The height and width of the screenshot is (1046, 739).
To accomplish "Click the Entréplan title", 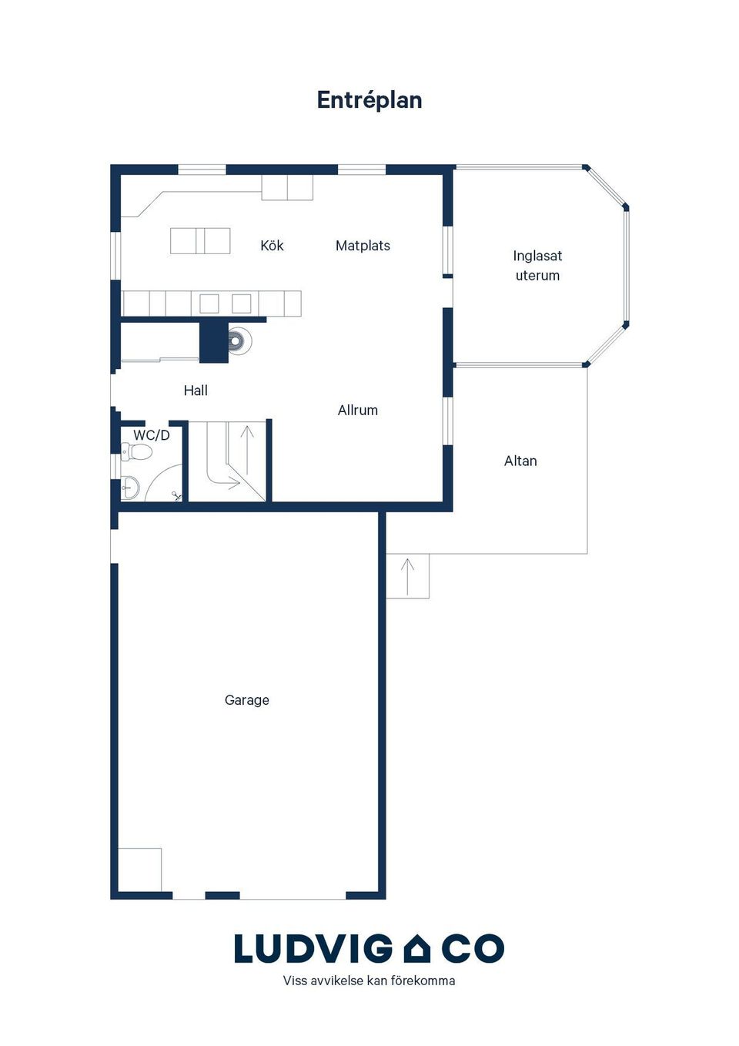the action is (369, 100).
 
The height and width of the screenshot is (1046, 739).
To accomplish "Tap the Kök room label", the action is (272, 246).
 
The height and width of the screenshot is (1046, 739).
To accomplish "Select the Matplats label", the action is (363, 246).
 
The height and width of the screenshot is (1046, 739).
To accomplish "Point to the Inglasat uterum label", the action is (537, 266).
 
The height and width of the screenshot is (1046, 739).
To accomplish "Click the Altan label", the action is (520, 461).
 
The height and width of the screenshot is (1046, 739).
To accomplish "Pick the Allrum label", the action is (358, 411).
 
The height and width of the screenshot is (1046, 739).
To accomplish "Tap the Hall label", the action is (196, 391).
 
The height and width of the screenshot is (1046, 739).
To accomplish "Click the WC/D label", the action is (152, 435).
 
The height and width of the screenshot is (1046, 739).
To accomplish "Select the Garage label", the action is (247, 713).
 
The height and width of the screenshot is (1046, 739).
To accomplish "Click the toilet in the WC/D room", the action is (135, 452).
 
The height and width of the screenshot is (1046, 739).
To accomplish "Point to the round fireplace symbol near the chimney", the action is (240, 339).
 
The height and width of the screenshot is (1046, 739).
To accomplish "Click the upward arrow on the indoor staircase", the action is (247, 449).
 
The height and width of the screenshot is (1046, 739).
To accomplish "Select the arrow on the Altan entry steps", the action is (408, 577).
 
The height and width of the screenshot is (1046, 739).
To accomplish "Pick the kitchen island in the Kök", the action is (200, 241).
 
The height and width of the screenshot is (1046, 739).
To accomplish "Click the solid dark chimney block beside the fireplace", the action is (214, 342).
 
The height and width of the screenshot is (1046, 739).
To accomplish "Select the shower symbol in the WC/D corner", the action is (177, 495).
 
